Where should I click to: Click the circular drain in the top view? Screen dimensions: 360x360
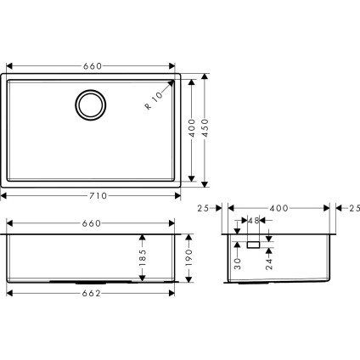(89, 104)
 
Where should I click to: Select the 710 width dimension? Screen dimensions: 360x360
(98, 195)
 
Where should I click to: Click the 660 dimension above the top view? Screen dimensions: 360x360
(93, 65)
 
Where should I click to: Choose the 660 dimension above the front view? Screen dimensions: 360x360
(93, 223)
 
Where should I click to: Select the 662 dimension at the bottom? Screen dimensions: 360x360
(93, 294)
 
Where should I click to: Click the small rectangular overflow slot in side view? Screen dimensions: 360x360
(252, 244)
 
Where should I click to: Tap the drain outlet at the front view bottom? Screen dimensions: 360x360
(88, 281)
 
